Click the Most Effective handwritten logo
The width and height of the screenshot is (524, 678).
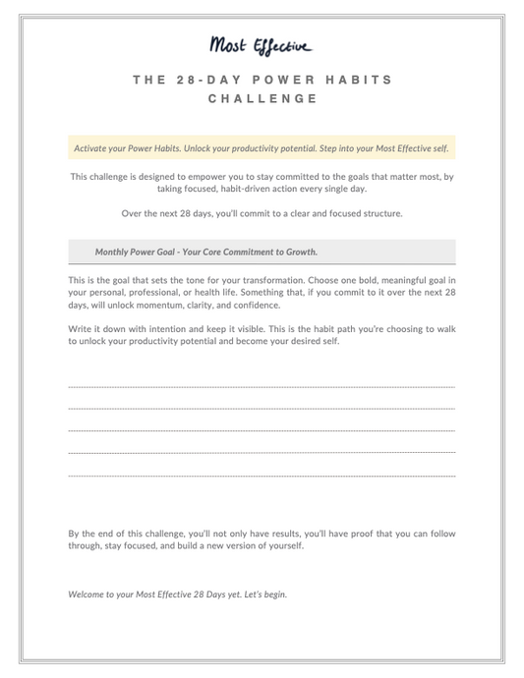[x=262, y=45]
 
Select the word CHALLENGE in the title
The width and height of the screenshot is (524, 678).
[x=262, y=99]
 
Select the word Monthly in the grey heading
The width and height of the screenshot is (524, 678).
[x=113, y=252]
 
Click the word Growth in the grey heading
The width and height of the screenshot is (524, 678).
[x=302, y=252]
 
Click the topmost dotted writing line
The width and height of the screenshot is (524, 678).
[x=262, y=386]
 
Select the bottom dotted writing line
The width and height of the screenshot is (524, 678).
[x=262, y=476]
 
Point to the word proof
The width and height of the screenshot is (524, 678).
[x=348, y=534]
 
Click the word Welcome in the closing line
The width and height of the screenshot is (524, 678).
[x=87, y=595]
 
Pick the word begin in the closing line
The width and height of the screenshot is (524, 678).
[x=274, y=595]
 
